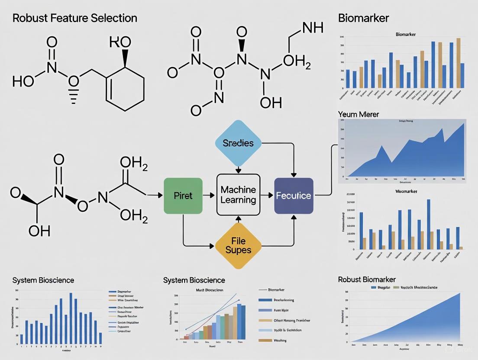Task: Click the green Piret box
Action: pos(183,196)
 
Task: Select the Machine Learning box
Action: pos(238,195)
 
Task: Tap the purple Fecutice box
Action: pos(294,196)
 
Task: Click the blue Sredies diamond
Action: pos(238,143)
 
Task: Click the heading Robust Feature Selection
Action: pos(74,18)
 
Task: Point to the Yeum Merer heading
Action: pos(358,114)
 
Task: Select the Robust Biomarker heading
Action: pos(367,280)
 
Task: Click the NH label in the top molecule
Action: pos(313,29)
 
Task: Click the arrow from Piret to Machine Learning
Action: pos(209,196)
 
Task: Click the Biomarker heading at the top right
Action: pos(363,18)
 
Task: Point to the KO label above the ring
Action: pos(120,42)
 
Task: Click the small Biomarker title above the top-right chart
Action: pos(406,34)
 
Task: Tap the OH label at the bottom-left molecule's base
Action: pos(39,231)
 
